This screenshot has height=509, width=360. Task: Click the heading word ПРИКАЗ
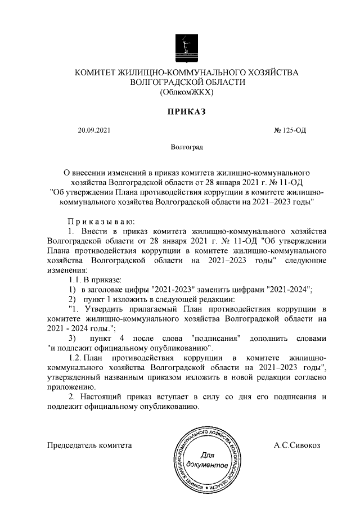186,112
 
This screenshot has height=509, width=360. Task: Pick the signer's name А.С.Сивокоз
296,445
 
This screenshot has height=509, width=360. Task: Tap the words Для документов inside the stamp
208,460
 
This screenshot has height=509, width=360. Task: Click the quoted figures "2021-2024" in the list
288,289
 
